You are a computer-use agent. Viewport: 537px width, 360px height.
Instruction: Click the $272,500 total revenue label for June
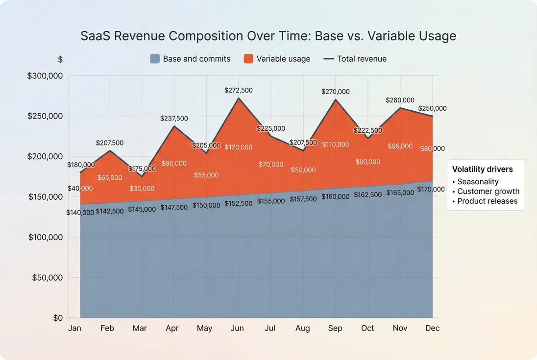tap(238, 91)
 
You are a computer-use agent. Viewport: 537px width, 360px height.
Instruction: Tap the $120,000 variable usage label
tap(239, 147)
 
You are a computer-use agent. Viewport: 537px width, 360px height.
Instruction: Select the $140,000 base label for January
tap(80, 213)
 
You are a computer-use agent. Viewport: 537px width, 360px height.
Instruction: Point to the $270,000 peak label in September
tap(335, 92)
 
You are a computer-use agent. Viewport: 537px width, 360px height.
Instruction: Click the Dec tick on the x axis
tap(432, 328)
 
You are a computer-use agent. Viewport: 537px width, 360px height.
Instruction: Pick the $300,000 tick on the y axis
tap(45, 76)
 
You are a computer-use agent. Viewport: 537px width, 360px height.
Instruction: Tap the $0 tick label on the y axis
tap(58, 318)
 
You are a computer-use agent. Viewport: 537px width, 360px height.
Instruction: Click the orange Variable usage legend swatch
tap(248, 59)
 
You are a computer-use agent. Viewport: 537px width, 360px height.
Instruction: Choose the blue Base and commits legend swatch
tap(155, 59)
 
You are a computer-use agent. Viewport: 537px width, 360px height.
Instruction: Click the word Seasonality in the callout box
tap(478, 182)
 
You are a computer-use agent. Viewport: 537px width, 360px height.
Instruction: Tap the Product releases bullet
tap(487, 201)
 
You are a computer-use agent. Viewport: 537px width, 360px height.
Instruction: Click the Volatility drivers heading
tap(482, 169)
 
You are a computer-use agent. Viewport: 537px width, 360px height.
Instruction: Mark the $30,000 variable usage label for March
tap(142, 189)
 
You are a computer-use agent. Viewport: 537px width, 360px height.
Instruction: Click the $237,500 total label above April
tap(174, 119)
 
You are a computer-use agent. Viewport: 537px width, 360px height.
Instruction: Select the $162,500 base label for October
tap(367, 195)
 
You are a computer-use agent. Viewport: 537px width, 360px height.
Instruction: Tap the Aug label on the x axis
tap(302, 328)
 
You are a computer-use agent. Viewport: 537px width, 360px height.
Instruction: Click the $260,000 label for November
tap(400, 100)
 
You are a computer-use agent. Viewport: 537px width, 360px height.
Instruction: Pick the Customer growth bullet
tap(488, 192)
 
